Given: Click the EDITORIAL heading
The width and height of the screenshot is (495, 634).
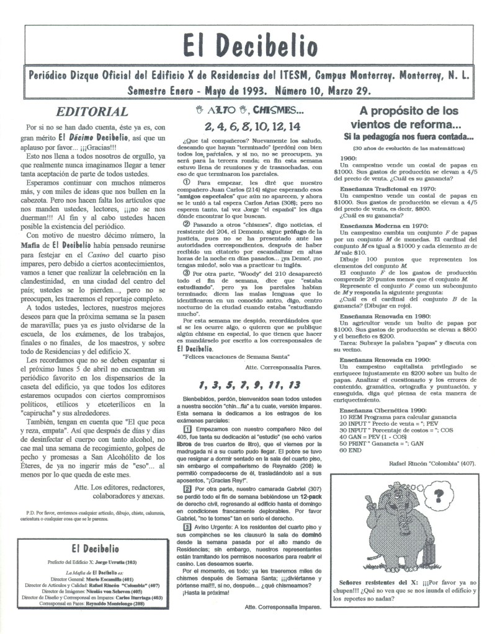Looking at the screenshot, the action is point(92,112).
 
